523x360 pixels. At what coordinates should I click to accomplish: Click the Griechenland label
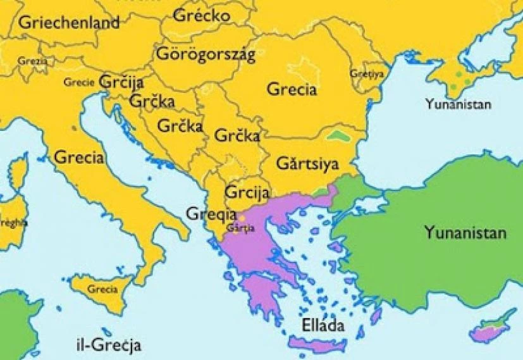[69, 23]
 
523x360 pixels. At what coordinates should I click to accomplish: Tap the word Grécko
[200, 15]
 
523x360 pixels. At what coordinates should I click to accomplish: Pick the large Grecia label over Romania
[292, 89]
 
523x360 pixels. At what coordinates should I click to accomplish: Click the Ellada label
[323, 326]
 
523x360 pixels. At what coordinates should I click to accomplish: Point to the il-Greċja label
[106, 345]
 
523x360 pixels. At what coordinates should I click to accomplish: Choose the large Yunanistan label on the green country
[465, 232]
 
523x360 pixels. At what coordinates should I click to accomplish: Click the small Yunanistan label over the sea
[458, 104]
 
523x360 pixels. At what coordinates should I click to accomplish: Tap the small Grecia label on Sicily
[102, 289]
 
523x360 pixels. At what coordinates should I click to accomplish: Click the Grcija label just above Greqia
[247, 191]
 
